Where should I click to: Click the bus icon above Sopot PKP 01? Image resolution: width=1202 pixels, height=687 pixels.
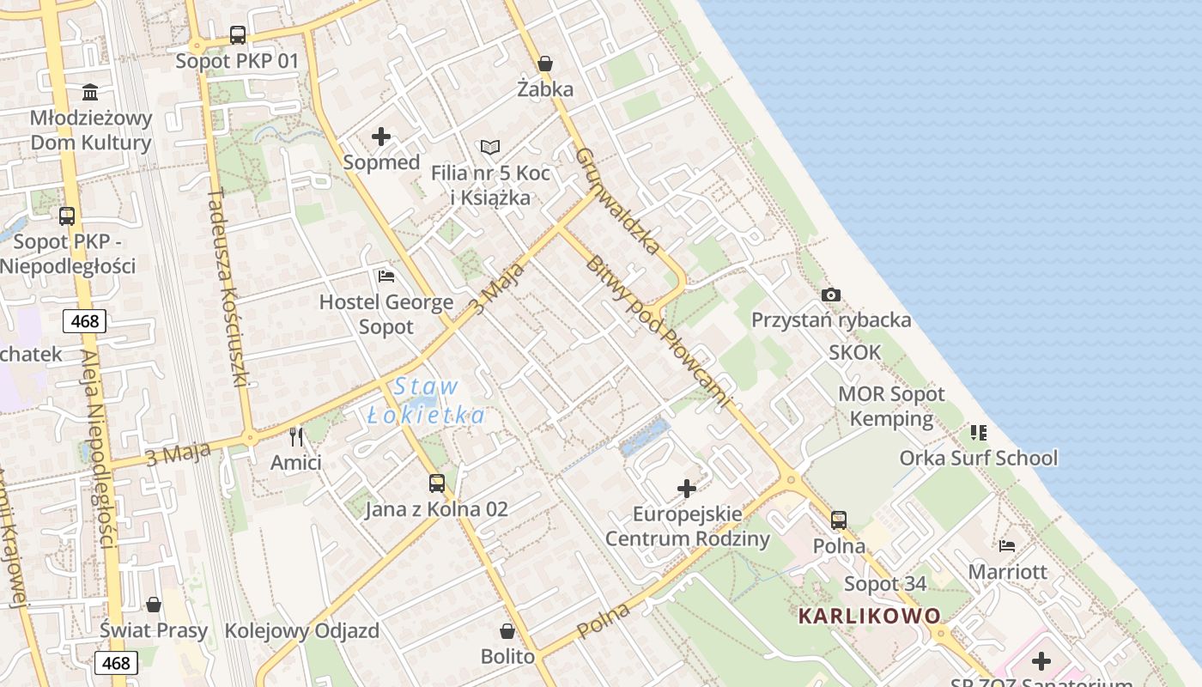pos(238,35)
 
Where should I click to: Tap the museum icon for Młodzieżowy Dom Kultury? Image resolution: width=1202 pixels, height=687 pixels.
pos(90,92)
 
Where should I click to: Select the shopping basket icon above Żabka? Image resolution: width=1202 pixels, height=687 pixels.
pos(545,64)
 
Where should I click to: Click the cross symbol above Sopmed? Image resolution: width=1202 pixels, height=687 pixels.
pos(381,137)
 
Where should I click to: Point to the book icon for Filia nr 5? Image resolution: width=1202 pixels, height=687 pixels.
pos(489,148)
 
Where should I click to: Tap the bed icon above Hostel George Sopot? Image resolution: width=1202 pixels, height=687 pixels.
pos(386,277)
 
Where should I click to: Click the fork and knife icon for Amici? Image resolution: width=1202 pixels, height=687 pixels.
pos(296,437)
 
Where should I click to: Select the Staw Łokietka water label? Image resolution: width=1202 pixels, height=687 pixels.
pos(427,401)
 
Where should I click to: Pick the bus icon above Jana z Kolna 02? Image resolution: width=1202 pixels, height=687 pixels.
pos(437,483)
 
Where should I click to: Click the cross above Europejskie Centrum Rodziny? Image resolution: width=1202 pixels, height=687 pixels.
pos(687,489)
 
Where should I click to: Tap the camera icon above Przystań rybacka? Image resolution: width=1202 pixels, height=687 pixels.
pos(830,295)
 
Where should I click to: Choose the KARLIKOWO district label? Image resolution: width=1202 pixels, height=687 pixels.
pos(869,616)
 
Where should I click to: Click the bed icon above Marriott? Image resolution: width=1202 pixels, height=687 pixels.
pos(1008,545)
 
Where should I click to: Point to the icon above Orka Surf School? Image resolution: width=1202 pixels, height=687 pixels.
pos(979,432)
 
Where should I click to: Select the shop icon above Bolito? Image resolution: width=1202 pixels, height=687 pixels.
pos(507,631)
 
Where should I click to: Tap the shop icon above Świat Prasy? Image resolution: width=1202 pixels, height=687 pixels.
pos(154,605)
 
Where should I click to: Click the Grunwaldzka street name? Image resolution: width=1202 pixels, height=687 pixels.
pos(618,201)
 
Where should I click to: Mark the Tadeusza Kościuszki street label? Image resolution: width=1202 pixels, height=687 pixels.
pos(228,287)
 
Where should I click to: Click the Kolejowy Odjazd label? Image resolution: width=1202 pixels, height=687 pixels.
pos(301,631)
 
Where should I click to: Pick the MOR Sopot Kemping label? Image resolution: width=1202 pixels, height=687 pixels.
pos(891,406)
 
